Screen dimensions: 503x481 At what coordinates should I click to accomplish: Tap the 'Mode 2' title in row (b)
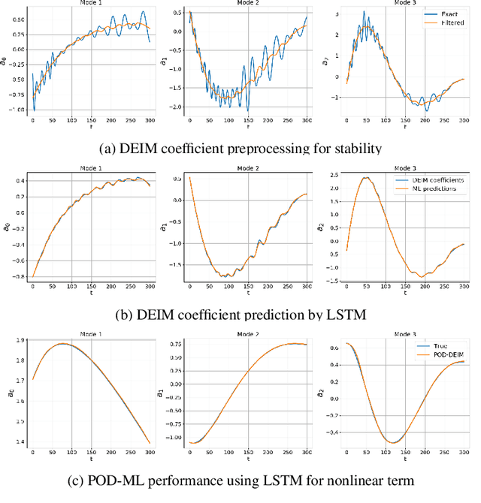[249, 168]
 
